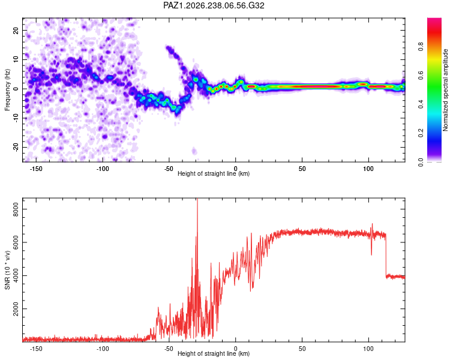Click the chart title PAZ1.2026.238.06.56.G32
coord(214,5)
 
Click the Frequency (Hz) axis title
coord(7,90)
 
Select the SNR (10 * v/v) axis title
coord(7,270)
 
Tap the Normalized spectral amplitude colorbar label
coord(445,90)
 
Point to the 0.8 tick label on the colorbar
coord(421,46)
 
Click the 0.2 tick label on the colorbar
coord(421,133)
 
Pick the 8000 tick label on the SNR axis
coord(16,209)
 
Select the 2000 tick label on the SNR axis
coord(16,308)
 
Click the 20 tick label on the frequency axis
coord(16,30)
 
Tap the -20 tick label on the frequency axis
coord(16,147)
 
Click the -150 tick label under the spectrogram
coord(36,169)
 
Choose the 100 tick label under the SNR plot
coord(368,349)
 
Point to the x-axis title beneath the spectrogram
coord(214,173)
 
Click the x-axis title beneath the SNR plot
coord(214,353)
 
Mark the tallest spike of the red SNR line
coord(197,199)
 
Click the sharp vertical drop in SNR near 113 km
coord(386,256)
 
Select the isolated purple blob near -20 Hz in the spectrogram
coord(194,151)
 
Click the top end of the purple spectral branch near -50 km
coord(167,47)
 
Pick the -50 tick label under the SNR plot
coord(169,349)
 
